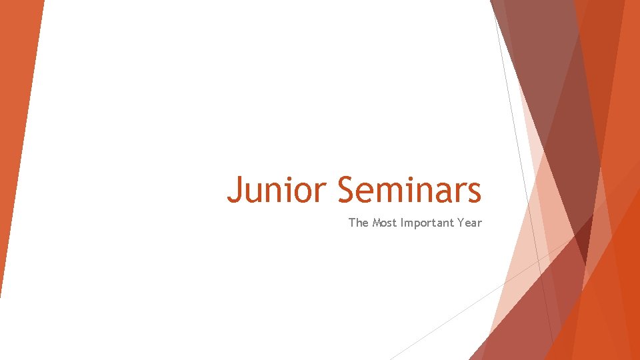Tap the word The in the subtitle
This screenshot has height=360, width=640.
pyautogui.click(x=358, y=223)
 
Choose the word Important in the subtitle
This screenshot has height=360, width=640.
pyautogui.click(x=428, y=223)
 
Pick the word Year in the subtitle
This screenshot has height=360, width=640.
pyautogui.click(x=469, y=223)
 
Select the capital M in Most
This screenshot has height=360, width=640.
pyautogui.click(x=377, y=223)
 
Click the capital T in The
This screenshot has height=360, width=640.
pyautogui.click(x=352, y=223)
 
